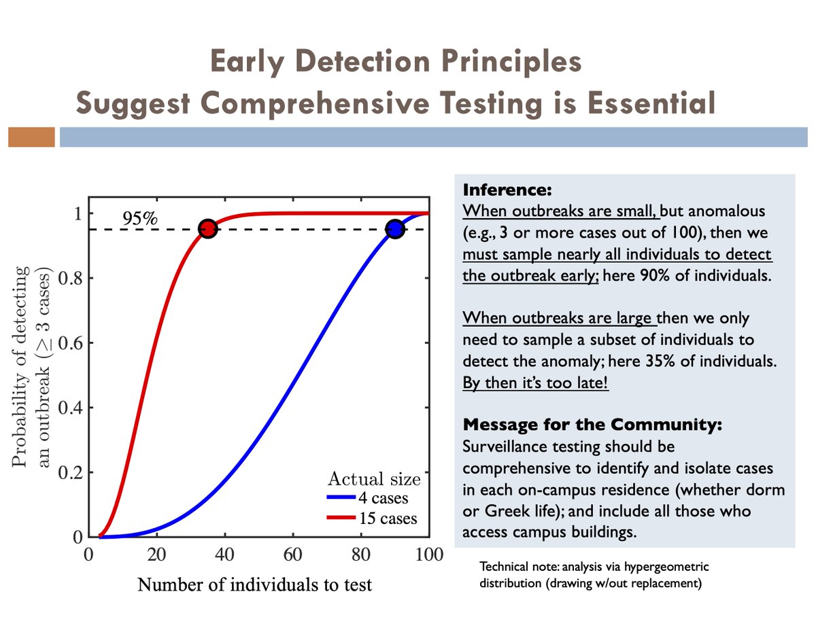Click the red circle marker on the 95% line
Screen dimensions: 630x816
[x=208, y=229]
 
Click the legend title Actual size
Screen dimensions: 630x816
[x=373, y=478]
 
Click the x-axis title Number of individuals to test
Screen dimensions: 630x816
[x=255, y=584]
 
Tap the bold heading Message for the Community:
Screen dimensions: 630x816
[x=592, y=425]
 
